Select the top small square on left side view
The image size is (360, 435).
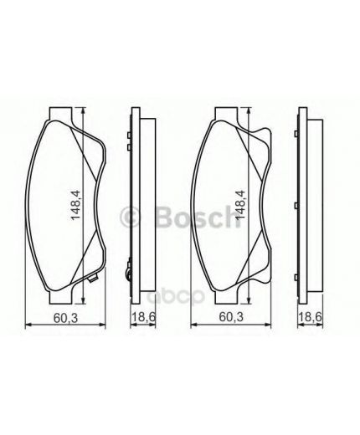[x=127, y=134]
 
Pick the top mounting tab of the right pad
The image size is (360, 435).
[x=228, y=115]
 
